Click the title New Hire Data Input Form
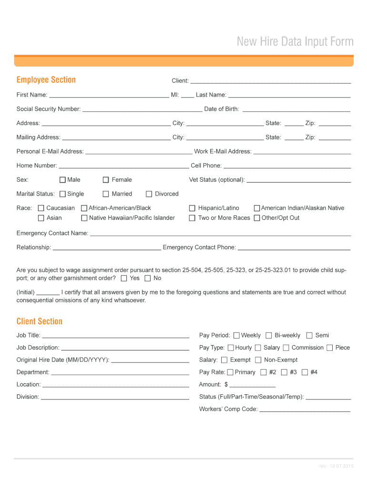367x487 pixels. click(295, 42)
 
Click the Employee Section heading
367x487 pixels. click(46, 80)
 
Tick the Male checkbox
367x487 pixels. click(62, 180)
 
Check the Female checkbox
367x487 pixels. click(106, 180)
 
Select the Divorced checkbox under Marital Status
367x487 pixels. click(149, 194)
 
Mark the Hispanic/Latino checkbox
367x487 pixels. click(192, 208)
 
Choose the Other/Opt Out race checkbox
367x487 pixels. click(257, 218)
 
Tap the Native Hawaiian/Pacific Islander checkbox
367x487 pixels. click(84, 218)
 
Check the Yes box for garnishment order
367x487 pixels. click(124, 278)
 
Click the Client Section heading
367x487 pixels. click(40, 321)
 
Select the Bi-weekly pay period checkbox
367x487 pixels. click(269, 335)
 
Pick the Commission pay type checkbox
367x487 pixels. click(286, 348)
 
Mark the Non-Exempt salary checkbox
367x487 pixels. click(258, 360)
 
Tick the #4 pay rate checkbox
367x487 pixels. click(305, 372)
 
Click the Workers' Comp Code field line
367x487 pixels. click(305, 410)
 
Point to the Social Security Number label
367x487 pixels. click(49, 109)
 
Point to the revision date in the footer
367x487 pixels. click(336, 467)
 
